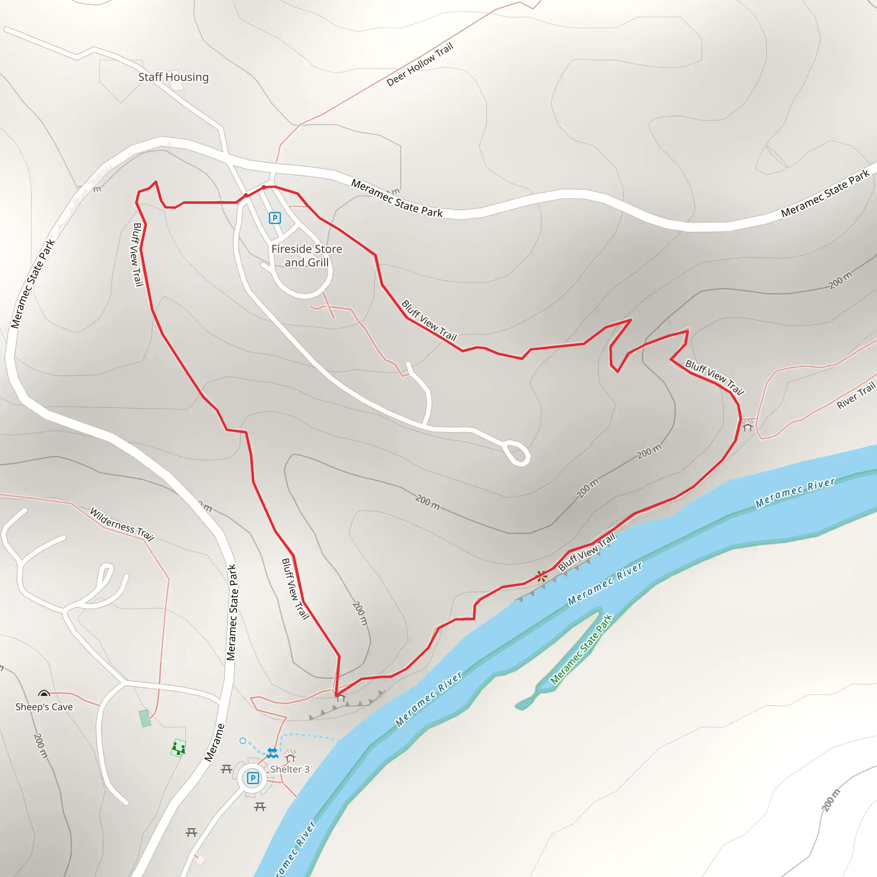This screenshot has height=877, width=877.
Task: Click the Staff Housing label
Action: click(173, 77)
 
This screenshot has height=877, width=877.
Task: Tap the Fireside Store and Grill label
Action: click(307, 256)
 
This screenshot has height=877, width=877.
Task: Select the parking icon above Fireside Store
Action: click(274, 218)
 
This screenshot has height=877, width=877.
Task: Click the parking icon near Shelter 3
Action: click(253, 779)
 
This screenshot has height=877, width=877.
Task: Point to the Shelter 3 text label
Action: click(289, 770)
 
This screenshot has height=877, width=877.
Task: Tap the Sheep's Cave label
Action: click(44, 707)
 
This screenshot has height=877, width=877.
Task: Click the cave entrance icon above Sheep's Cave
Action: click(44, 694)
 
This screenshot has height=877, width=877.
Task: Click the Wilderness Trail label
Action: click(122, 524)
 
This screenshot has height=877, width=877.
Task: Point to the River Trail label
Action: click(855, 395)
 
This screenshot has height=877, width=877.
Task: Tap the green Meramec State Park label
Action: click(581, 649)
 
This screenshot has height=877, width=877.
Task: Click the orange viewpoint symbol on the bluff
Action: click(541, 577)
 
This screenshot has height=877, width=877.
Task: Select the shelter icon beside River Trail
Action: click(747, 427)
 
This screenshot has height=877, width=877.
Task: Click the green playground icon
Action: click(179, 748)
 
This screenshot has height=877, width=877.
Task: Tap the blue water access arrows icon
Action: click(272, 753)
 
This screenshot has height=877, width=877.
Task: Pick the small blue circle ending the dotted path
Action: click(243, 741)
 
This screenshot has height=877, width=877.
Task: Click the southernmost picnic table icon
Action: click(191, 832)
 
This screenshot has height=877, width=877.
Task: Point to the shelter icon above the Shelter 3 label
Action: click(290, 757)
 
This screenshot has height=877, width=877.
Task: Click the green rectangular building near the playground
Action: click(145, 719)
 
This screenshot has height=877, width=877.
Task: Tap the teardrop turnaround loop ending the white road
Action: click(517, 453)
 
